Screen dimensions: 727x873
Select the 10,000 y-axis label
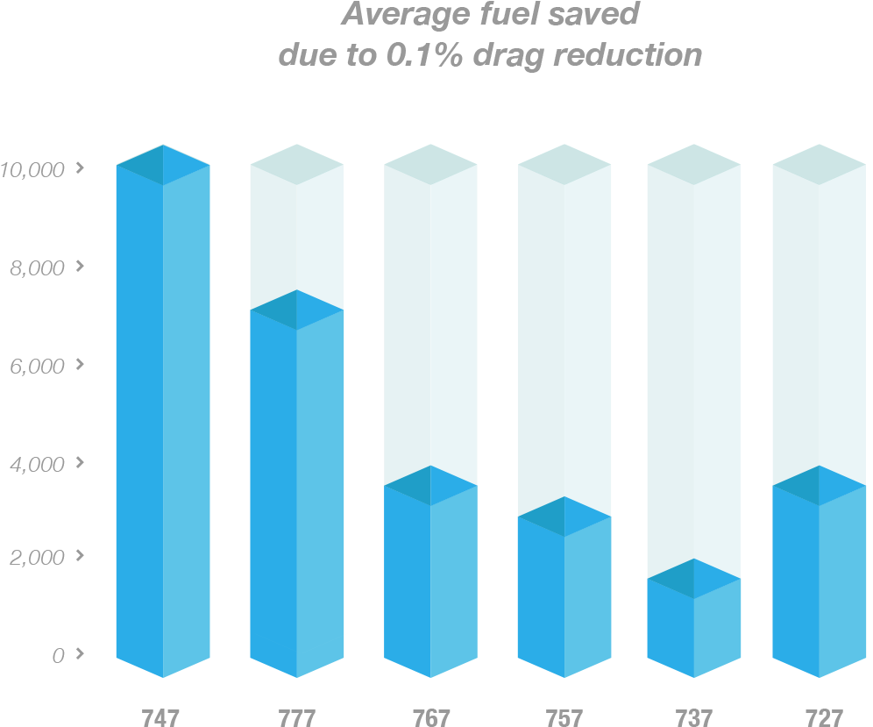32,169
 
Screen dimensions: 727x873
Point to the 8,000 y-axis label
37,267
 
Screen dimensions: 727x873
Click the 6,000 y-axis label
37,366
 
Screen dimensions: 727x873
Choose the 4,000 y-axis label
37,464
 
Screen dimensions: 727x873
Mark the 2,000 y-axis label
37,558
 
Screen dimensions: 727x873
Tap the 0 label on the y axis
58,655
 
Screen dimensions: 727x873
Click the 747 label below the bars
160,718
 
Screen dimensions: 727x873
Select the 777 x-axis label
296,718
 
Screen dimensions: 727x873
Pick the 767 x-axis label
430,718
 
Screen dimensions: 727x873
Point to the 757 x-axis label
564,718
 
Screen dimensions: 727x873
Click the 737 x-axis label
694,718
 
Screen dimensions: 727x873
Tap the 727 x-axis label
823,718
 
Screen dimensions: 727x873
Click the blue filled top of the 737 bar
694,579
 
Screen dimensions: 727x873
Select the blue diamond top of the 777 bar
296,310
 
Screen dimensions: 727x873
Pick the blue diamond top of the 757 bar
564,517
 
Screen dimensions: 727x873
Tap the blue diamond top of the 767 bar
430,485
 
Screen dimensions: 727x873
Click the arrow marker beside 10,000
81,167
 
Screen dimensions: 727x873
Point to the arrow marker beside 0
81,652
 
